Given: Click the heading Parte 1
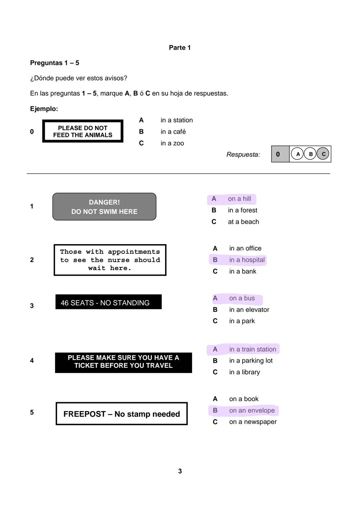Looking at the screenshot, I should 180,48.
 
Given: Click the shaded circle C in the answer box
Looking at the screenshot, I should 323,154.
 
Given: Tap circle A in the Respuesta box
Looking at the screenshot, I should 298,154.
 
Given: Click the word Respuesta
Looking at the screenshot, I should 243,155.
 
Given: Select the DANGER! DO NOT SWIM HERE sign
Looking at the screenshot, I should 104,207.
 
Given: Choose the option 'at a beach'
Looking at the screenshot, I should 243,222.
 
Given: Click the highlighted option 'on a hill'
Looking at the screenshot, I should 239,199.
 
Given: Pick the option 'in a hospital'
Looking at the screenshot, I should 247,260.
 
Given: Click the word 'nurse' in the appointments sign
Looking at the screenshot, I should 119,260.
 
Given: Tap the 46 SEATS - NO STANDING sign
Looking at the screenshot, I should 108,302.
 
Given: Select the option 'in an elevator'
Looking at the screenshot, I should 249,310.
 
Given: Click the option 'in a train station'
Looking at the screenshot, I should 252,349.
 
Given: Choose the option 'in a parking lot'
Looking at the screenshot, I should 251,361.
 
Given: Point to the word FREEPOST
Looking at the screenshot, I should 84,414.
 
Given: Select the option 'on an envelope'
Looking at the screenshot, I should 252,411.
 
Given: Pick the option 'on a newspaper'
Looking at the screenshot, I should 253,422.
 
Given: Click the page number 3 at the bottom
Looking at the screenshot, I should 180,471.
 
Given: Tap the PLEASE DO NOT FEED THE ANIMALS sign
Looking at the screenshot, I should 83,132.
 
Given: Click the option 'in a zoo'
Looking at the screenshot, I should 172,143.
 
